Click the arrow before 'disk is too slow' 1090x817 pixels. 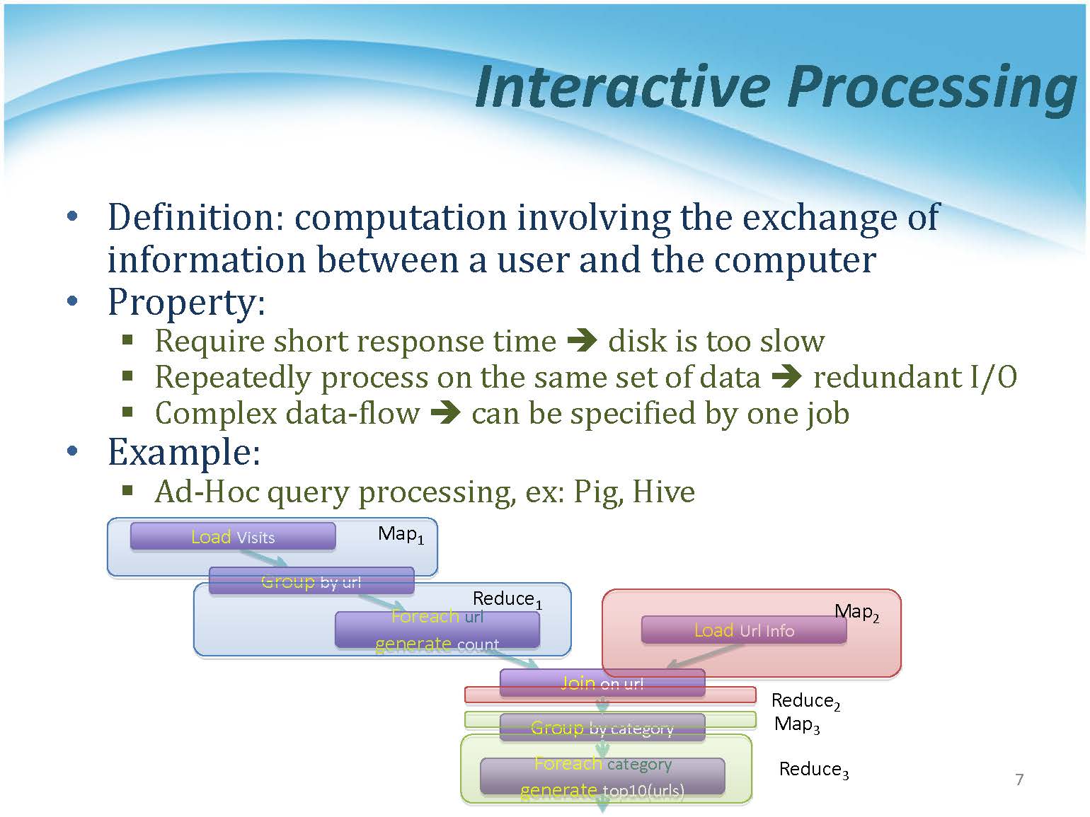pos(583,341)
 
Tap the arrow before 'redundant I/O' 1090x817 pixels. pos(786,377)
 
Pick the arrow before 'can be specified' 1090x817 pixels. pos(446,413)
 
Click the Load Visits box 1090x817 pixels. pos(232,537)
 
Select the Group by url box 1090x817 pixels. pos(311,581)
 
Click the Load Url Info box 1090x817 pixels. pos(743,630)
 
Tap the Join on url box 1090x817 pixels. pos(602,683)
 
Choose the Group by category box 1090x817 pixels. pos(602,727)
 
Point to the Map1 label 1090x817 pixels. pos(401,535)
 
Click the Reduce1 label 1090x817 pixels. pos(507,599)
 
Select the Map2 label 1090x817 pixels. pos(856,612)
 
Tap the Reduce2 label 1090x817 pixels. pos(805,701)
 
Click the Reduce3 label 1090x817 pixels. pos(813,770)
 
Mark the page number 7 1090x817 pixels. pos(1019,780)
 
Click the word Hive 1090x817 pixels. pos(663,492)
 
